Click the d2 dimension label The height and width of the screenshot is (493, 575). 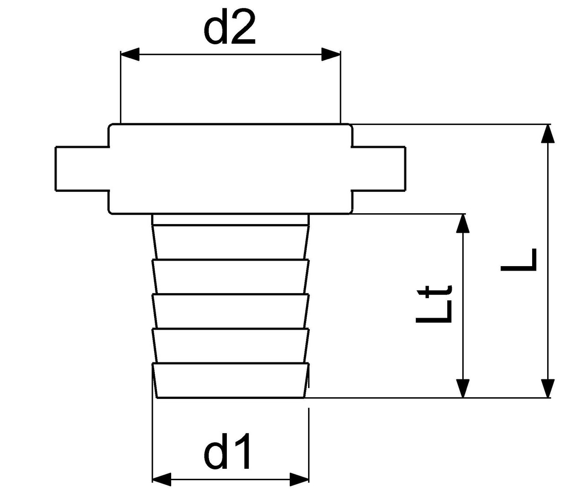[230, 28]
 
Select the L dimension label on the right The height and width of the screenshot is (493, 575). [518, 259]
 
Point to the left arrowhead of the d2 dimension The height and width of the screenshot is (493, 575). [130, 54]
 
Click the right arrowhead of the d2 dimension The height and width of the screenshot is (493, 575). [331, 54]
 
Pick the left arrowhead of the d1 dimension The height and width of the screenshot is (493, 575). [162, 480]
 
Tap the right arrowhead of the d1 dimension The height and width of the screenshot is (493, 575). [299, 480]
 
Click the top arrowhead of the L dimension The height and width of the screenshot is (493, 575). [548, 134]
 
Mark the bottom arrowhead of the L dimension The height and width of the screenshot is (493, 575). [548, 388]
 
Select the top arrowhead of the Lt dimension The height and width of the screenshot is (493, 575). [463, 223]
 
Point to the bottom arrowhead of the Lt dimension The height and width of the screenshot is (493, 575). [463, 388]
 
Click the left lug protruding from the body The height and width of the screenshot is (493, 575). [82, 168]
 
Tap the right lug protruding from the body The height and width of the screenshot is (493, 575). [379, 168]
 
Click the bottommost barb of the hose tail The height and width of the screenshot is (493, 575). [230, 381]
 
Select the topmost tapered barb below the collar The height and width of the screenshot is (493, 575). [230, 242]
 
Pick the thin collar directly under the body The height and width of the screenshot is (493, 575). [230, 219]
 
